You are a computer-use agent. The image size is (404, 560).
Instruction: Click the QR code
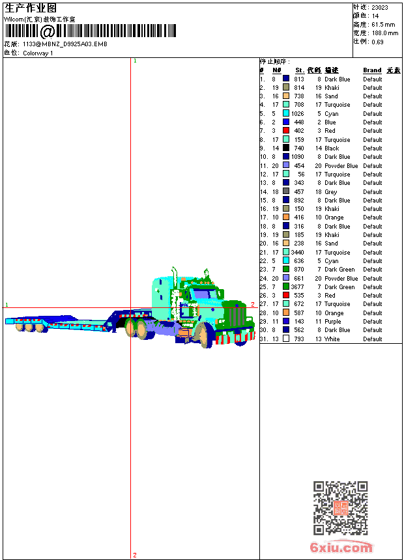coord(340,508)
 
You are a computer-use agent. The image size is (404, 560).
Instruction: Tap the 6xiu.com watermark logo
coord(341,547)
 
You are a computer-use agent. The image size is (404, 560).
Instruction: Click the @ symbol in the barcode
coord(47,31)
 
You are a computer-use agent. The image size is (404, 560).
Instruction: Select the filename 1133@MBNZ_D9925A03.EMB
coord(65,44)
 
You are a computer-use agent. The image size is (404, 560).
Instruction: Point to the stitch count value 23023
coord(380,7)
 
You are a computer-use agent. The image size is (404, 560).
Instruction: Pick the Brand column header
coord(372,70)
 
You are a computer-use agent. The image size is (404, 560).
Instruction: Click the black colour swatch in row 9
coord(286,148)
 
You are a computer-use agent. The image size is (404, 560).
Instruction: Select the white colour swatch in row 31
coord(286,339)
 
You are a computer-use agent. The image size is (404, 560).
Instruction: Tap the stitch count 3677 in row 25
coord(297,287)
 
